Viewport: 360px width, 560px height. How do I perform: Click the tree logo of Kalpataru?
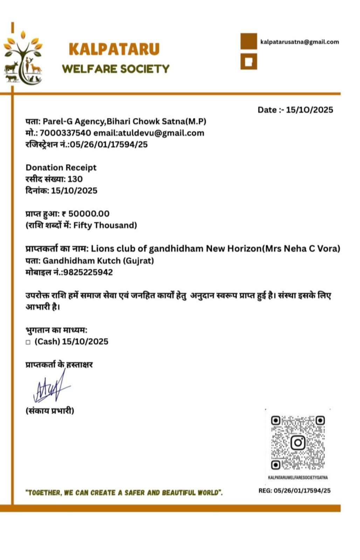(x=23, y=58)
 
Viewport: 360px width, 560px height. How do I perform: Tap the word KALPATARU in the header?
(x=114, y=49)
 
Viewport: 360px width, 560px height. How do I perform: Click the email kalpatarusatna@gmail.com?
(x=299, y=42)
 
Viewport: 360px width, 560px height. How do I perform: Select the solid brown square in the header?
(x=249, y=41)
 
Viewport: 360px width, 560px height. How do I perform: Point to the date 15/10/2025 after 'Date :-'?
(x=309, y=110)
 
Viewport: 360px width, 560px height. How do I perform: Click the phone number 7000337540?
(x=65, y=133)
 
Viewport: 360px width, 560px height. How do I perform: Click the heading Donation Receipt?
(x=61, y=168)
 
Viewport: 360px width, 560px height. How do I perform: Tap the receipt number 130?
(x=75, y=179)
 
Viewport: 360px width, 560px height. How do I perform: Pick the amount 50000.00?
(x=89, y=214)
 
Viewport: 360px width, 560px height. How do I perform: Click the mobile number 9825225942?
(x=88, y=272)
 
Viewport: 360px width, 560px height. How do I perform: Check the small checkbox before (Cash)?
(x=28, y=342)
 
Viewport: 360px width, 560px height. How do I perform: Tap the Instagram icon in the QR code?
(x=298, y=443)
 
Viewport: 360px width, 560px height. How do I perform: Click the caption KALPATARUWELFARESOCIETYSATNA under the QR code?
(x=298, y=477)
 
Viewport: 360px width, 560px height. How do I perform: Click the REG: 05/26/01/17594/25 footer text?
(x=294, y=491)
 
